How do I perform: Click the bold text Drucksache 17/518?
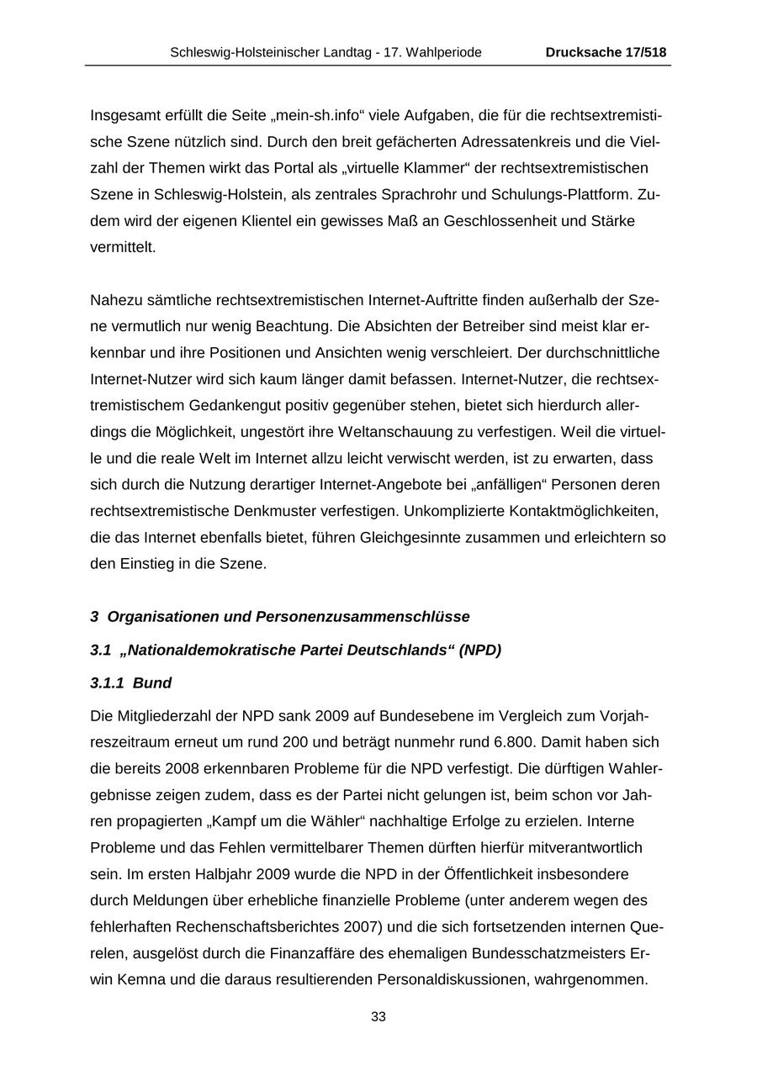point(606,52)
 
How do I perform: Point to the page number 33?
point(378,1016)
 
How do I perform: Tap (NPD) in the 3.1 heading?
point(479,651)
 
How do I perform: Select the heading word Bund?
point(152,683)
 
